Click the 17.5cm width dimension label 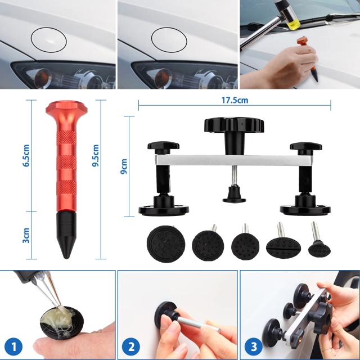pyautogui.click(x=235, y=100)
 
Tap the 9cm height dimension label pyautogui.click(x=124, y=166)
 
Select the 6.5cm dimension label pyautogui.click(x=26, y=155)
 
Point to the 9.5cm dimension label pyautogui.click(x=95, y=155)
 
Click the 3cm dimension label pyautogui.click(x=26, y=235)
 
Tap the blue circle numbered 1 pyautogui.click(x=13, y=346)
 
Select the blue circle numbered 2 pyautogui.click(x=131, y=346)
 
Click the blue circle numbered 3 pyautogui.click(x=254, y=346)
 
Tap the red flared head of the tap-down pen pyautogui.click(x=66, y=108)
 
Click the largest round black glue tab pyautogui.click(x=166, y=244)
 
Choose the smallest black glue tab pyautogui.click(x=319, y=249)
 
